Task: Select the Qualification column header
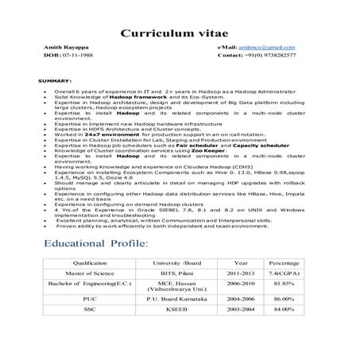[95, 261]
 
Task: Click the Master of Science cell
[95, 273]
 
